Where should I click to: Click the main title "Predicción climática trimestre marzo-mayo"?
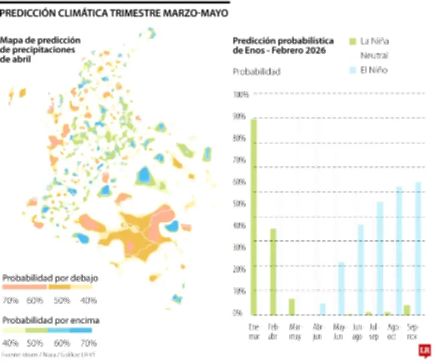[114, 13]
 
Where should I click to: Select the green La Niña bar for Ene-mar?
[253, 217]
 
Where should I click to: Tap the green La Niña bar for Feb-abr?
[273, 272]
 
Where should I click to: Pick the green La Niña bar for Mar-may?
[292, 307]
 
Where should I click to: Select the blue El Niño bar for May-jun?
[341, 289]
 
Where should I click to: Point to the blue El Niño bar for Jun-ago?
[361, 270]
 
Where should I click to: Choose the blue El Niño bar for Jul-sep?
[380, 258]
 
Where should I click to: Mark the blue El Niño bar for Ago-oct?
[399, 251]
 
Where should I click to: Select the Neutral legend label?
[375, 55]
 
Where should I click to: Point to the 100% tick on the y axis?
[240, 95]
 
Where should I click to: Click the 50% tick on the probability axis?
[240, 204]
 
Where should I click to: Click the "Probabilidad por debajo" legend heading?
[50, 278]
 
